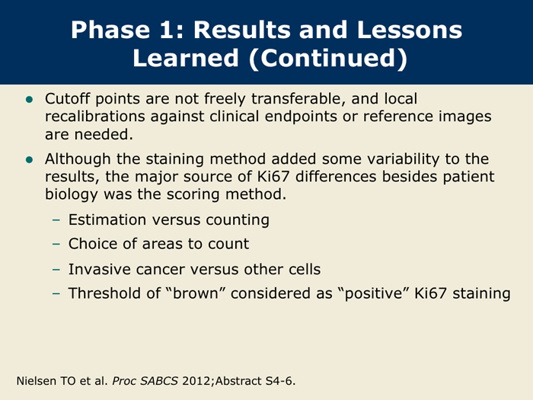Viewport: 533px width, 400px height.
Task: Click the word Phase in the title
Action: pos(110,30)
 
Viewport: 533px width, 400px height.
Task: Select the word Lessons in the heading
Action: pos(410,30)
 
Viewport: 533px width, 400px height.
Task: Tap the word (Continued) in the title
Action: pos(328,58)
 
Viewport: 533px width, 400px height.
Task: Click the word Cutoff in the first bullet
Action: pos(68,98)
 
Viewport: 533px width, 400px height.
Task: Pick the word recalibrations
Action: pos(95,117)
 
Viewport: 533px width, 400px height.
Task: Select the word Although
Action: pos(78,159)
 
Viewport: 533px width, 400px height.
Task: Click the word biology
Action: pos(72,194)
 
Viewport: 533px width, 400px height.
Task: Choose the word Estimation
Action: pos(107,219)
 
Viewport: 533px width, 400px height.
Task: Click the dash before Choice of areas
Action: pos(56,244)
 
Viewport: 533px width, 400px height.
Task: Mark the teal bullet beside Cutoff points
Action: pos(29,99)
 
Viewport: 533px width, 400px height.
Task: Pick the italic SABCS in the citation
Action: pos(159,381)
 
